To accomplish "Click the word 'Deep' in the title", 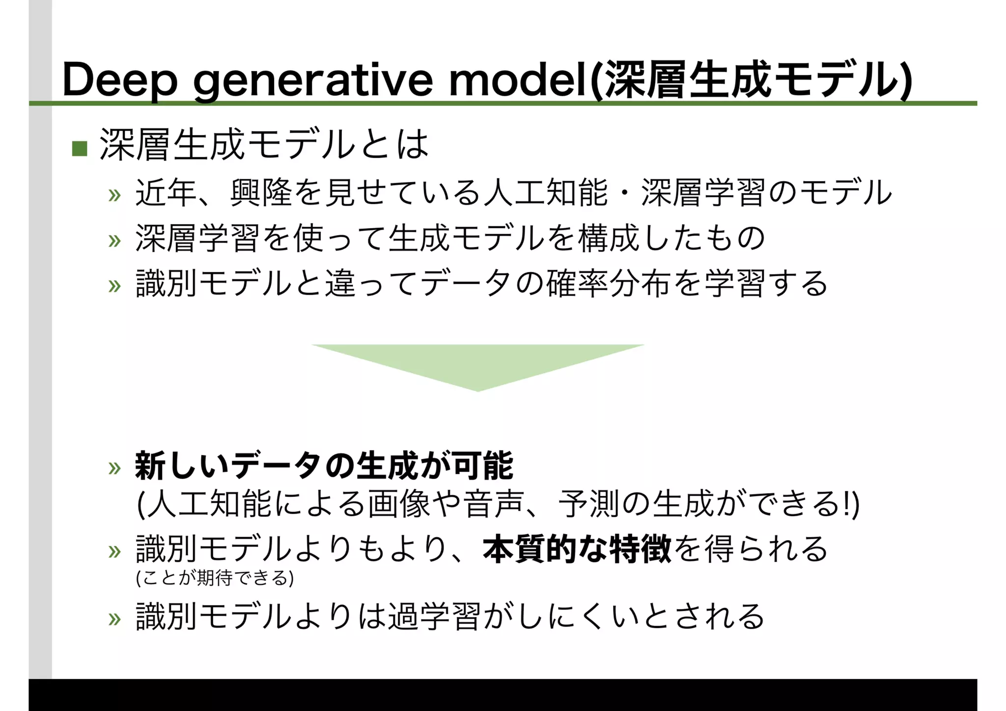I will pyautogui.click(x=119, y=80).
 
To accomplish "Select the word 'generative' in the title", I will pyautogui.click(x=313, y=80).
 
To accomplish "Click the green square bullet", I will pyautogui.click(x=80, y=148).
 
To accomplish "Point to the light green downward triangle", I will pyautogui.click(x=477, y=364).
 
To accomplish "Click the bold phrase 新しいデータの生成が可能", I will pyautogui.click(x=324, y=465).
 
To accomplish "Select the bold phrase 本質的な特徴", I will pyautogui.click(x=577, y=549).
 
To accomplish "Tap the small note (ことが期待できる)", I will pyautogui.click(x=215, y=578).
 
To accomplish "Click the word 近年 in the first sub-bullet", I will pyautogui.click(x=166, y=192).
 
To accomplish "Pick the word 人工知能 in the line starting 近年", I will pyautogui.click(x=546, y=192).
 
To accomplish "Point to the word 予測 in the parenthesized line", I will pyautogui.click(x=588, y=504).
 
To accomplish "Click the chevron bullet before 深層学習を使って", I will pyautogui.click(x=114, y=240).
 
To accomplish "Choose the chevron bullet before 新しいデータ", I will pyautogui.click(x=114, y=467).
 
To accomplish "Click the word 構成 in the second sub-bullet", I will pyautogui.click(x=608, y=239).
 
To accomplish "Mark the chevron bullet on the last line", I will pyautogui.click(x=114, y=619).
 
